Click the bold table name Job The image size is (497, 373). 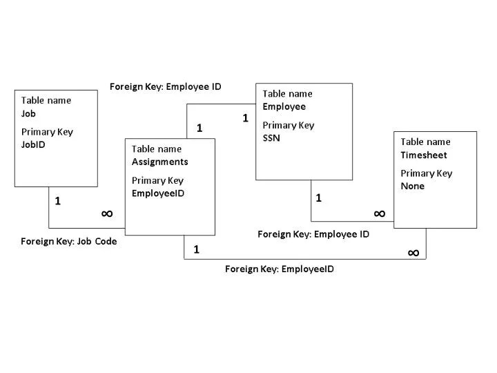pos(28,113)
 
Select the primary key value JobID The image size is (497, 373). pos(33,145)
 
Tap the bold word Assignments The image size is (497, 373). pos(159,162)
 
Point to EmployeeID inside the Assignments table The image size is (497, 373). pos(158,193)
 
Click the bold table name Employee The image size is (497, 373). pos(284,106)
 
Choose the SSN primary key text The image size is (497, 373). pos(271,138)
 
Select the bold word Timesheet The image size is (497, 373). pos(424,155)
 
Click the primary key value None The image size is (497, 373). pos(412,186)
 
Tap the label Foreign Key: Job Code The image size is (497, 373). pos(69,242)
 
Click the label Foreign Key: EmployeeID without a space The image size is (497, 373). pos(280,269)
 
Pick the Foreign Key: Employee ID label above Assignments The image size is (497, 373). pos(166,86)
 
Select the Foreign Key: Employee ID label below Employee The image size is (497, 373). pos(313,234)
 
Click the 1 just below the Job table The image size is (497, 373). pos(58,201)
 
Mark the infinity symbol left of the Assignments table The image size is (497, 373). pos(107,213)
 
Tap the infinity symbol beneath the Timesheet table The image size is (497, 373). pos(413,253)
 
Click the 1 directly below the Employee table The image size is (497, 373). pos(318,198)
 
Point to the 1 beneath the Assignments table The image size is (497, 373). pos(196,249)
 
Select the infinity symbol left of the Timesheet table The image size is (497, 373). pos(379,213)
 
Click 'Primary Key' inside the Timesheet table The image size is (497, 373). pos(426,173)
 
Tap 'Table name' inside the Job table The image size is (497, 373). pos(46,100)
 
